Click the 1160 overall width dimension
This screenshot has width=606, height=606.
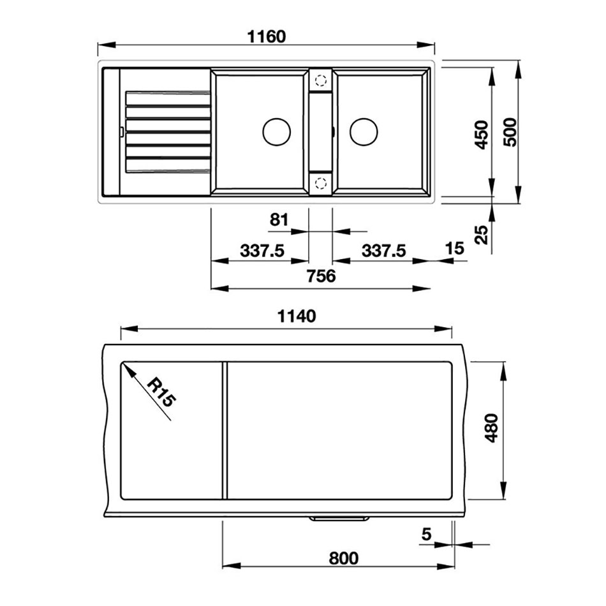[x=266, y=37]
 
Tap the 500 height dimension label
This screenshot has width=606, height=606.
[x=510, y=132]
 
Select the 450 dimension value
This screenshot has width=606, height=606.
[x=482, y=135]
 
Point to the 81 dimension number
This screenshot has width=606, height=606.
[x=279, y=219]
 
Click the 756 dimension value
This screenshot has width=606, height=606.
[x=321, y=276]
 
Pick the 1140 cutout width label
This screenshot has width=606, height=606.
[x=297, y=316]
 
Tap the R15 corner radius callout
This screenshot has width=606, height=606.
[x=162, y=392]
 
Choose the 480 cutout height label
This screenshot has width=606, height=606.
[x=492, y=428]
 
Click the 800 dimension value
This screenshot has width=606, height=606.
[x=344, y=558]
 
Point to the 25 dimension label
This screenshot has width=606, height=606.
[x=482, y=235]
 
